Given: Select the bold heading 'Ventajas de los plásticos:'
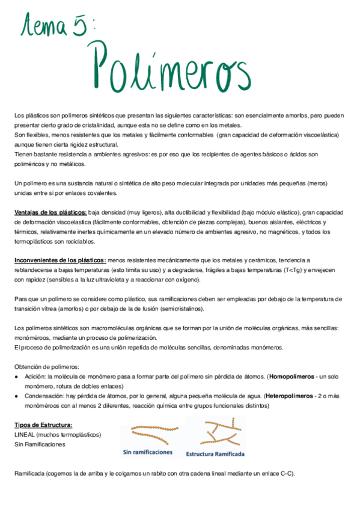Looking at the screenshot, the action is click(x=50, y=212).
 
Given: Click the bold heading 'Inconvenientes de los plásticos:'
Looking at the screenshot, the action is click(x=59, y=260).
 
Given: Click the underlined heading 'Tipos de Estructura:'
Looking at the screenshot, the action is click(x=43, y=425).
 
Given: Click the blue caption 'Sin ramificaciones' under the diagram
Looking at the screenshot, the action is click(x=147, y=452).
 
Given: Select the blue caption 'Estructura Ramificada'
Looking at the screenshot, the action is click(x=215, y=453).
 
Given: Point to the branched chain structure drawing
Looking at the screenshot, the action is click(x=215, y=431).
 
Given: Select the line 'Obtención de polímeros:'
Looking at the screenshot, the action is click(x=46, y=366).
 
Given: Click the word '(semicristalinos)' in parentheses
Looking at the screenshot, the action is click(x=180, y=309).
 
